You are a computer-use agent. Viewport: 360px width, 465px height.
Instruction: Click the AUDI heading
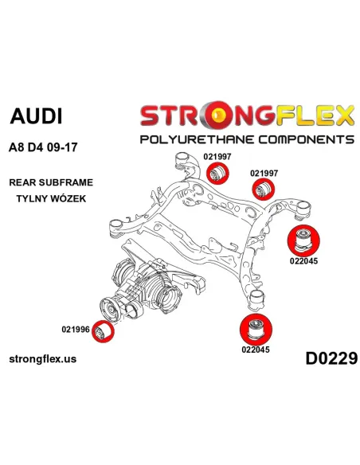(36, 115)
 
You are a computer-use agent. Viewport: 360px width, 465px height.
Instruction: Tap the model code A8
(17, 147)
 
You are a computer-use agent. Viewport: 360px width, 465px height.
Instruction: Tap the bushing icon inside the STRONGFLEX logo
(219, 115)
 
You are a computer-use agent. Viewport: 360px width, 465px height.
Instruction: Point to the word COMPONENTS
(307, 139)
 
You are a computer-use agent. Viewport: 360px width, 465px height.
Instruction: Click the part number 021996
(76, 329)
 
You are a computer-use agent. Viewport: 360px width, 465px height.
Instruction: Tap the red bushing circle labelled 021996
(103, 331)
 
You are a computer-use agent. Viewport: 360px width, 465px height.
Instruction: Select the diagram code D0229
(331, 358)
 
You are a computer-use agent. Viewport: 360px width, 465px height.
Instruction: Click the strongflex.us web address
(43, 359)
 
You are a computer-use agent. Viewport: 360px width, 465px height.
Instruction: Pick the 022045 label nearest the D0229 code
(256, 350)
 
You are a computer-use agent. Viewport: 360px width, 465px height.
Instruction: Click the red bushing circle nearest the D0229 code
(256, 330)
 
